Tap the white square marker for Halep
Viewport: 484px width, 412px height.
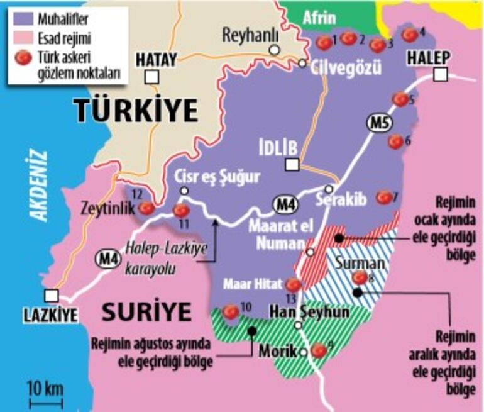pos(441,74)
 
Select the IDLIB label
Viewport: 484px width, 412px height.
pos(278,147)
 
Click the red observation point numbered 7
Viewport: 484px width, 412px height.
pos(384,198)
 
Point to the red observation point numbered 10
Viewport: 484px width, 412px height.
pos(231,311)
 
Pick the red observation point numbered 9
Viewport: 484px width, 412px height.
pos(319,350)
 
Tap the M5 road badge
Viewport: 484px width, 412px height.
pos(377,123)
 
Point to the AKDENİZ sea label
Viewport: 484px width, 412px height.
pos(40,186)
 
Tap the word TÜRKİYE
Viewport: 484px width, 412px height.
pos(137,111)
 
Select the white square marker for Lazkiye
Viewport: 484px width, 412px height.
pos(52,295)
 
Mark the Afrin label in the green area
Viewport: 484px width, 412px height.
pos(319,18)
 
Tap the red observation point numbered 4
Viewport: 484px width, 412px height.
pos(409,35)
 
